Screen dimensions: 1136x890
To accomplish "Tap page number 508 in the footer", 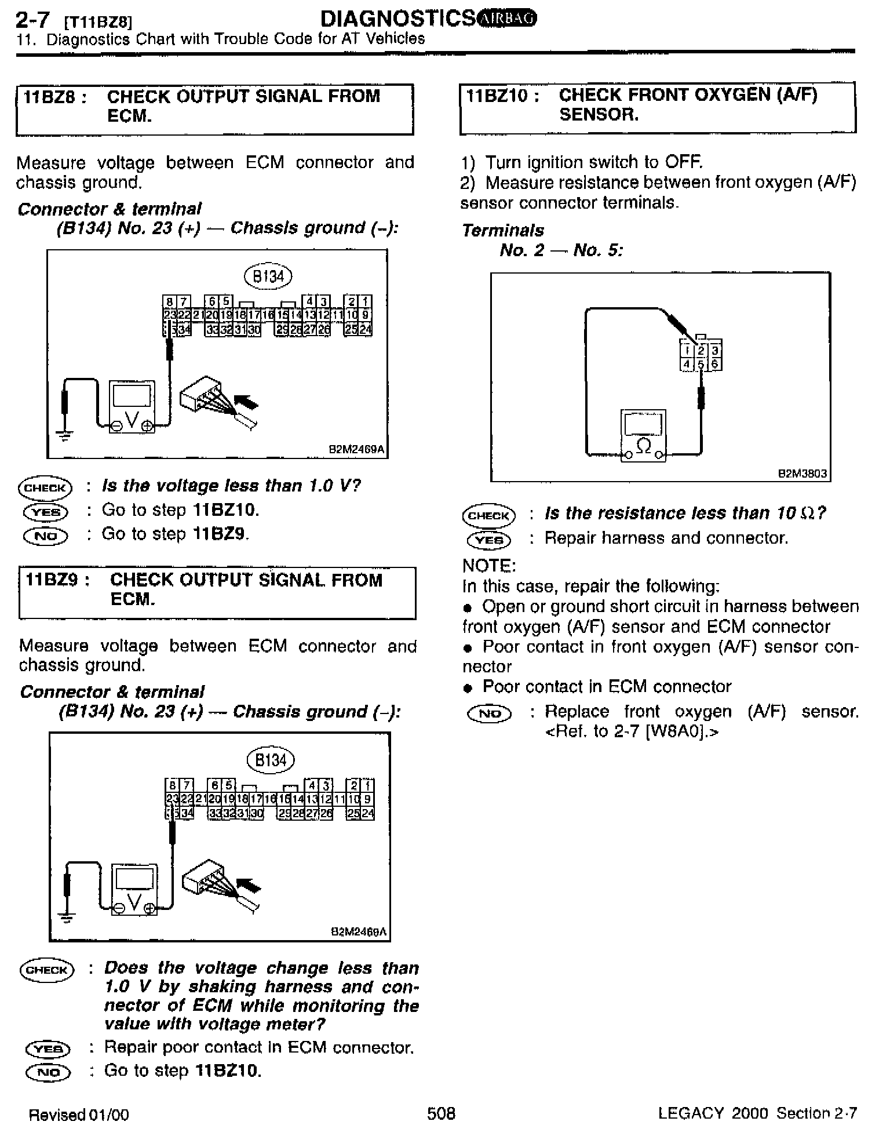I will coord(441,1113).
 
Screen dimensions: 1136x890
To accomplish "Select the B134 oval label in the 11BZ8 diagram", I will coord(268,276).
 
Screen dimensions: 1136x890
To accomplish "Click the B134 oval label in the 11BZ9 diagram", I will coord(271,760).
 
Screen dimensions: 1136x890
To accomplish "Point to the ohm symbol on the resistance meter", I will coord(643,445).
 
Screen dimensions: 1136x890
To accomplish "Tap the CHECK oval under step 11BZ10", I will coord(488,515).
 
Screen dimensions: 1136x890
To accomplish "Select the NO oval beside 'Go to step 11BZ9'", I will coord(46,536).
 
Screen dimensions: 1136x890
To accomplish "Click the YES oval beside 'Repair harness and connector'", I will coord(489,540).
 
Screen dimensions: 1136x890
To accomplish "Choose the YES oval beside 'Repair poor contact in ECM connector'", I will coord(48,1048).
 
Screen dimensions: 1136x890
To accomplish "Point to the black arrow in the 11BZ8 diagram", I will coord(246,401).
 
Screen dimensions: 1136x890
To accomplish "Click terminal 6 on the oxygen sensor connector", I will coord(715,364).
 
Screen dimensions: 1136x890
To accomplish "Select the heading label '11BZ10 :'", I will coord(503,96).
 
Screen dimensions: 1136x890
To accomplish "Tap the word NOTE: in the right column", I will coord(489,566).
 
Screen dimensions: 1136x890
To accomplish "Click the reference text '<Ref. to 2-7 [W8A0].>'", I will coord(632,731).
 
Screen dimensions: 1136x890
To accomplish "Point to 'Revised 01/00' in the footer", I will coord(79,1114).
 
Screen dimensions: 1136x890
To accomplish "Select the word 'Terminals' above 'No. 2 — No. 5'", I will coord(503,231).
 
